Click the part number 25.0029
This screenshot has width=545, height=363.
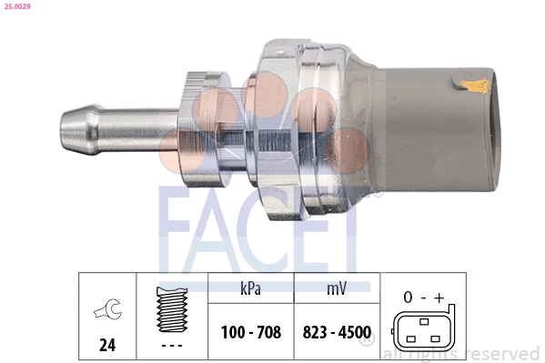tap(17, 7)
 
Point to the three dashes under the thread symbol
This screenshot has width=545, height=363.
tap(170, 346)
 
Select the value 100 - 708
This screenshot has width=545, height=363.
tap(250, 333)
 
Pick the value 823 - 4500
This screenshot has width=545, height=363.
tap(337, 333)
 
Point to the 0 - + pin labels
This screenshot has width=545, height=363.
tap(424, 297)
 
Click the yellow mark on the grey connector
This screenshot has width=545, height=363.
tap(472, 88)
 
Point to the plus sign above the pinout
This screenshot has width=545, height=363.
tap(439, 297)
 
